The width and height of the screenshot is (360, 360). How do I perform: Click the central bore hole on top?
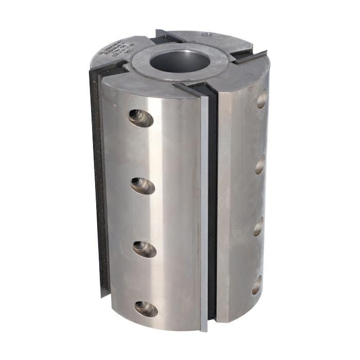[180, 61]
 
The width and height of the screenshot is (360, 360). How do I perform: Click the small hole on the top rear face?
[207, 35]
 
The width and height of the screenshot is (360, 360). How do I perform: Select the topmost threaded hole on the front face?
[140, 118]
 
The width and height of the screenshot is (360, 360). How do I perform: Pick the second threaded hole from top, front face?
[142, 185]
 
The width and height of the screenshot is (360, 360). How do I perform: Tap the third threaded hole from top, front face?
[145, 249]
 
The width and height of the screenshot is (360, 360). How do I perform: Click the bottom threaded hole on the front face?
[146, 309]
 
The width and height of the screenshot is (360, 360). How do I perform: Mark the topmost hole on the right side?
[262, 99]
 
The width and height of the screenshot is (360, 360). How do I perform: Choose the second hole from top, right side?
[260, 165]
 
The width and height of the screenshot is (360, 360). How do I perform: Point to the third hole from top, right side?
[258, 226]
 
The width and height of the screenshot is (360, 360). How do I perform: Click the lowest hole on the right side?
[256, 285]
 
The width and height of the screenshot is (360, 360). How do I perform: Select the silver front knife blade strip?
[204, 206]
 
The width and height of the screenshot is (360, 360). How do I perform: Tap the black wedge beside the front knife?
[212, 206]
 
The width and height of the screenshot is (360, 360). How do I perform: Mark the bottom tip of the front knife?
[204, 327]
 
